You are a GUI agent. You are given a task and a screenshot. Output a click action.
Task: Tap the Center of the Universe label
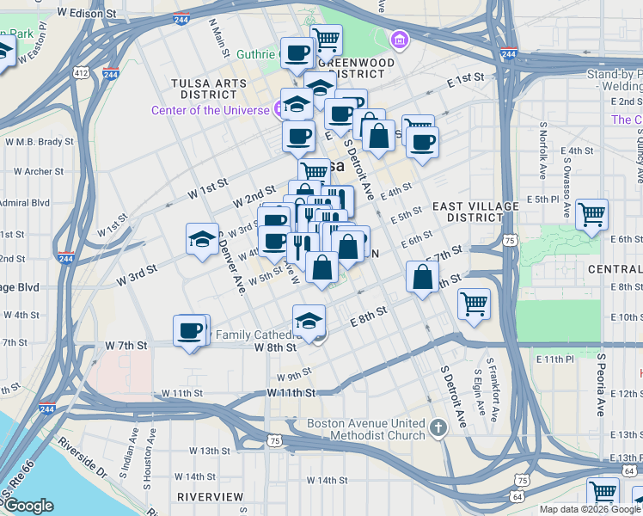(211, 110)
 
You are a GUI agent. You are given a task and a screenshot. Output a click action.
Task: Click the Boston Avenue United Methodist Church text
(366, 429)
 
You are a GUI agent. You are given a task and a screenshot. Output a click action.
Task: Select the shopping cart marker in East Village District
(592, 214)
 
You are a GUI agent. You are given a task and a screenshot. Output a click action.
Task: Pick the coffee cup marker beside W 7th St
(190, 330)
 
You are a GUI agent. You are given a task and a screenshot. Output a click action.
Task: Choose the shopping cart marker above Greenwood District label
(326, 39)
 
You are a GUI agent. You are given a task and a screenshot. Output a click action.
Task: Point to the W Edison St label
(87, 15)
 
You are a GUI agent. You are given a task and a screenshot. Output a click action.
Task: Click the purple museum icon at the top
(399, 40)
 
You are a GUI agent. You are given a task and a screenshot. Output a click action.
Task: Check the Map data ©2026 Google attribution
(590, 509)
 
